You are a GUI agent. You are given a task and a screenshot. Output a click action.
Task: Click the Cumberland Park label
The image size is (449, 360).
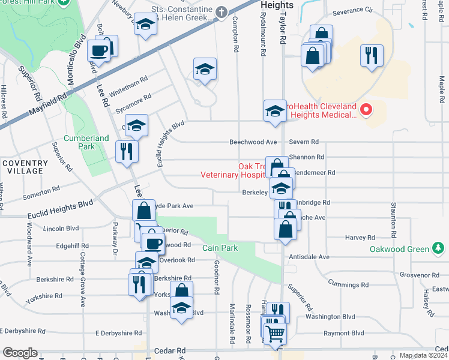point(86,142)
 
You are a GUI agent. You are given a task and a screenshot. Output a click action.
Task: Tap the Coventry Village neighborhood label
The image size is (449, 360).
point(25,167)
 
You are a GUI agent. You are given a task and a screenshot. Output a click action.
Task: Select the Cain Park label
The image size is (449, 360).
point(220,248)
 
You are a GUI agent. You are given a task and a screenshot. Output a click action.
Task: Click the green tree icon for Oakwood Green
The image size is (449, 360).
point(438,248)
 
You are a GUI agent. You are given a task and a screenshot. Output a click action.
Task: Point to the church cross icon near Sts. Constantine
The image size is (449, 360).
point(221,11)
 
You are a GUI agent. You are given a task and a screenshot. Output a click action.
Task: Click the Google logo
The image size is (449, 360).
point(19,353)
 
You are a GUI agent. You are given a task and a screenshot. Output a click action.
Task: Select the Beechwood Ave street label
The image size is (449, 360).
point(253,142)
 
